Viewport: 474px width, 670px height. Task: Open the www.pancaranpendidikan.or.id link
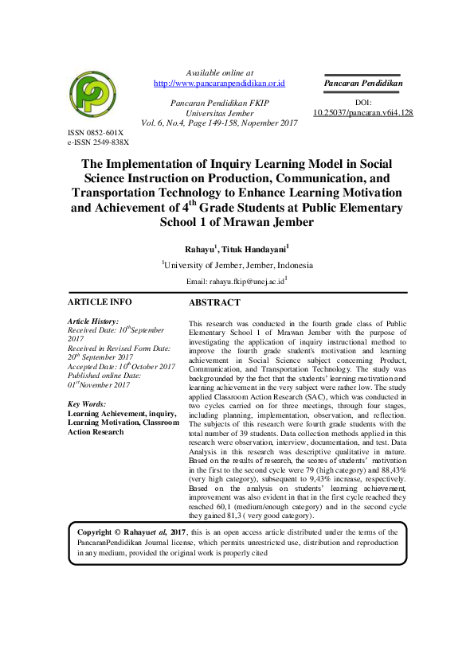219,83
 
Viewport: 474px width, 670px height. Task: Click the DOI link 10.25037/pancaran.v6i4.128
362,113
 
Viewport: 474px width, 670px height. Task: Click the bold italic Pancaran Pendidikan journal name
362,83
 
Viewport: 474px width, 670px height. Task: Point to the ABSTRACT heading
213,303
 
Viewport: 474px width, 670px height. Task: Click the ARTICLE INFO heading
100,302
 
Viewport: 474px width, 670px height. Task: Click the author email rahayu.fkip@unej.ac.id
246,282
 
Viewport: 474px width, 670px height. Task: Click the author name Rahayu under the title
199,249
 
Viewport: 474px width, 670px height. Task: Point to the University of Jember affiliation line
238,266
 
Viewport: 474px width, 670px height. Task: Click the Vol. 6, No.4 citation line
219,123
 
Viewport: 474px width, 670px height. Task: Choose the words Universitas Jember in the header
219,113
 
